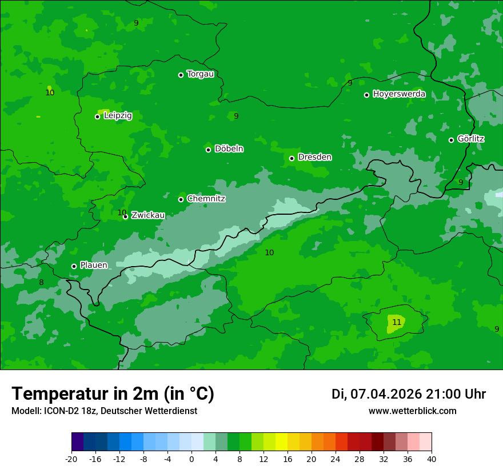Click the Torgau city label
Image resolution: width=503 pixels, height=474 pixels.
click(200, 74)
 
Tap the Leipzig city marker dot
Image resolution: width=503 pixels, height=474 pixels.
click(97, 117)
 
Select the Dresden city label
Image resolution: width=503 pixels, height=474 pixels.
click(314, 157)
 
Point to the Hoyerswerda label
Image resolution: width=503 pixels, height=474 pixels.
click(399, 94)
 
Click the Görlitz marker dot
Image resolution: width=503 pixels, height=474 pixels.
click(451, 140)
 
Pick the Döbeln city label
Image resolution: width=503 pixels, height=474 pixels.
click(229, 149)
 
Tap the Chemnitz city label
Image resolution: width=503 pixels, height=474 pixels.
click(206, 199)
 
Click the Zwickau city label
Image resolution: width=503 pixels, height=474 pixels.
click(148, 215)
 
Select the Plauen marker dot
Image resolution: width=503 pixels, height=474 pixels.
click(74, 266)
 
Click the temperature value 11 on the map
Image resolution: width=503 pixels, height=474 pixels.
click(397, 323)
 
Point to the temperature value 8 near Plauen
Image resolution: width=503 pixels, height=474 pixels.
click(41, 283)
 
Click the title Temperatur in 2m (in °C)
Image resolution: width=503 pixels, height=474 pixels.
click(113, 393)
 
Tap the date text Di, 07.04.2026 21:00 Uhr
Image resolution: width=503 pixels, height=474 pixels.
click(409, 394)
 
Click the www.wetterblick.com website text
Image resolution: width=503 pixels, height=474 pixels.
click(412, 411)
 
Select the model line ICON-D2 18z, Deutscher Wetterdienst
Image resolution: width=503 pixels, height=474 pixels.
click(104, 411)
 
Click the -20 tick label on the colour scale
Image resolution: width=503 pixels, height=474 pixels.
click(71, 459)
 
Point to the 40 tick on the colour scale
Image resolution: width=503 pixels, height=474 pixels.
click(432, 459)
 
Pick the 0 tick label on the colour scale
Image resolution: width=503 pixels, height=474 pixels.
click(191, 459)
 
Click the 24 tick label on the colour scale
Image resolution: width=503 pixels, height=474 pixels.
click(336, 459)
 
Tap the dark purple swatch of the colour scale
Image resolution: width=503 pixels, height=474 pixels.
click(78, 442)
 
